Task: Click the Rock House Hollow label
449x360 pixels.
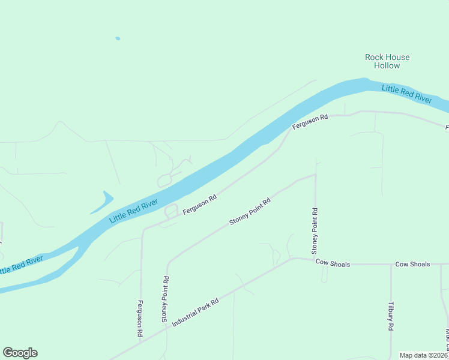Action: [x=387, y=61]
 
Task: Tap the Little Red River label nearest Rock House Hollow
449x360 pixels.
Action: [x=407, y=94]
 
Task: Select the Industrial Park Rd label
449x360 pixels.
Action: [x=194, y=313]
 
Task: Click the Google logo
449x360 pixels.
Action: [x=20, y=353]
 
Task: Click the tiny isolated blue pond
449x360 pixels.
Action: [x=118, y=39]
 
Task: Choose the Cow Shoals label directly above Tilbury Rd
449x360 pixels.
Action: [x=412, y=264]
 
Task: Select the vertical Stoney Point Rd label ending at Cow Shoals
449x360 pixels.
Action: [x=315, y=231]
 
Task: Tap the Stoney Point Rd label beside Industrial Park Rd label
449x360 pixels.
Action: [x=165, y=299]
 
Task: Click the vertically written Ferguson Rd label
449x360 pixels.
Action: [x=140, y=318]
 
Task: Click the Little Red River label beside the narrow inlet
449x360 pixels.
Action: [x=133, y=211]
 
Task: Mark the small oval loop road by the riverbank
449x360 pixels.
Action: [x=172, y=211]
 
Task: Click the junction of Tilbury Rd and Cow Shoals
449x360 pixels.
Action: [x=391, y=264]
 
